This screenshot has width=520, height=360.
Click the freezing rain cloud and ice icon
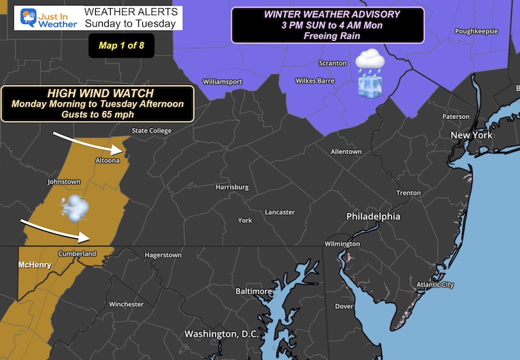pyautogui.click(x=369, y=72)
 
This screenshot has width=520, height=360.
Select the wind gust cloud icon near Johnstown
pyautogui.click(x=73, y=207)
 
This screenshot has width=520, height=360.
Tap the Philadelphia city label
pyautogui.click(x=373, y=216)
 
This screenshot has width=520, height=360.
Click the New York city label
pyautogui.click(x=471, y=136)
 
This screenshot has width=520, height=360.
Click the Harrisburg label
pyautogui.click(x=231, y=187)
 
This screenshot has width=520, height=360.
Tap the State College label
pyautogui.click(x=151, y=131)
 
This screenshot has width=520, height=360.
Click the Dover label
pyautogui.click(x=344, y=306)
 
